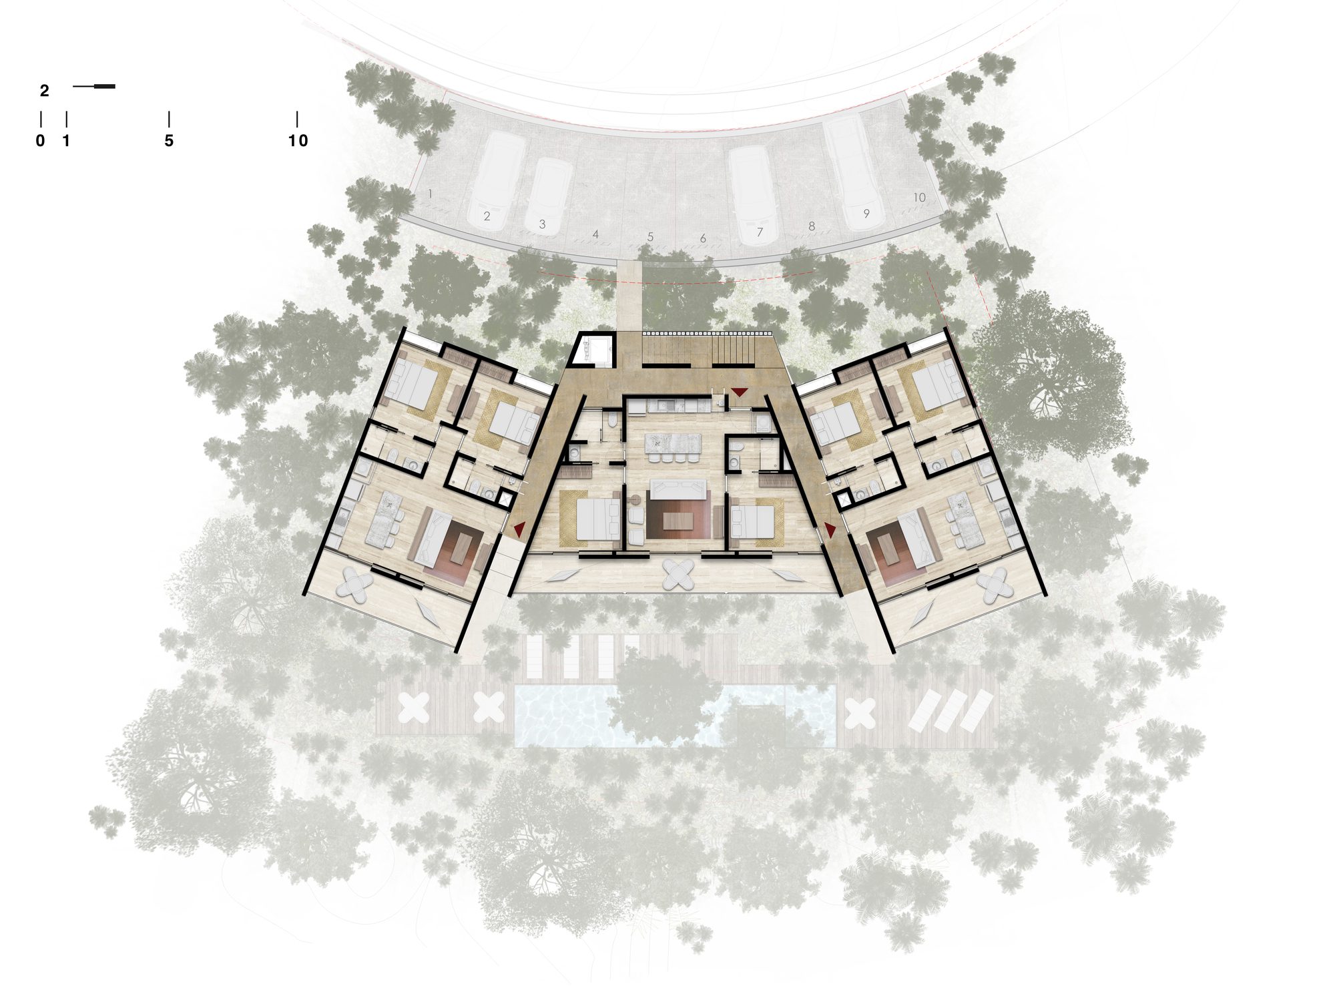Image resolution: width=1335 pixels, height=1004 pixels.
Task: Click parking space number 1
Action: pyautogui.click(x=431, y=194)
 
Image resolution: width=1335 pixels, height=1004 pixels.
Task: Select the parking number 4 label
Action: pyautogui.click(x=595, y=234)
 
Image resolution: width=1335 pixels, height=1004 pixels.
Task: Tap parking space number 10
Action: pyautogui.click(x=919, y=197)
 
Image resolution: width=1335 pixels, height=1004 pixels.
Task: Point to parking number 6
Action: pyautogui.click(x=703, y=238)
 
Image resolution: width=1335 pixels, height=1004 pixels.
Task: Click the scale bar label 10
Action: pyautogui.click(x=298, y=140)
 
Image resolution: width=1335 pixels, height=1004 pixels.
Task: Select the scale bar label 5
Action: pyautogui.click(x=169, y=140)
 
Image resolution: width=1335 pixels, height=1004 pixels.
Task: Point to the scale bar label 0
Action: pyautogui.click(x=41, y=140)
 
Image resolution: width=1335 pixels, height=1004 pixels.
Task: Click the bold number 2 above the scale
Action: pyautogui.click(x=45, y=91)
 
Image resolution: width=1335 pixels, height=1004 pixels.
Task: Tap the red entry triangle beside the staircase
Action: pyautogui.click(x=740, y=391)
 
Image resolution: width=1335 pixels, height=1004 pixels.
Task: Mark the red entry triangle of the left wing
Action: pyautogui.click(x=519, y=529)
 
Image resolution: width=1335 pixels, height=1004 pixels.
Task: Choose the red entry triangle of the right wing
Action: pyautogui.click(x=830, y=529)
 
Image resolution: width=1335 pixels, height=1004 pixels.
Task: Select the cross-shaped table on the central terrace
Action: pyautogui.click(x=680, y=574)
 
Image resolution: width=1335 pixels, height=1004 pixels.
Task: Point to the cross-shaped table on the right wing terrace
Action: pyautogui.click(x=995, y=585)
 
